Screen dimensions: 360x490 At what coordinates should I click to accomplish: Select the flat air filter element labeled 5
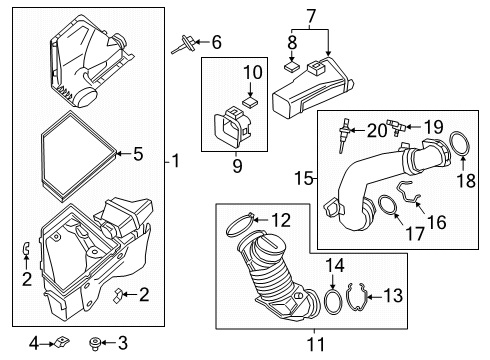click(x=77, y=153)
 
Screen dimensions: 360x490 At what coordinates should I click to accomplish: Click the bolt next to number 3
click(x=97, y=344)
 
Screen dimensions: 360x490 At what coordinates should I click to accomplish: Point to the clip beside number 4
click(x=59, y=343)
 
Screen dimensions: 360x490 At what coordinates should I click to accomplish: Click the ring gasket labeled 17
click(x=382, y=209)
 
